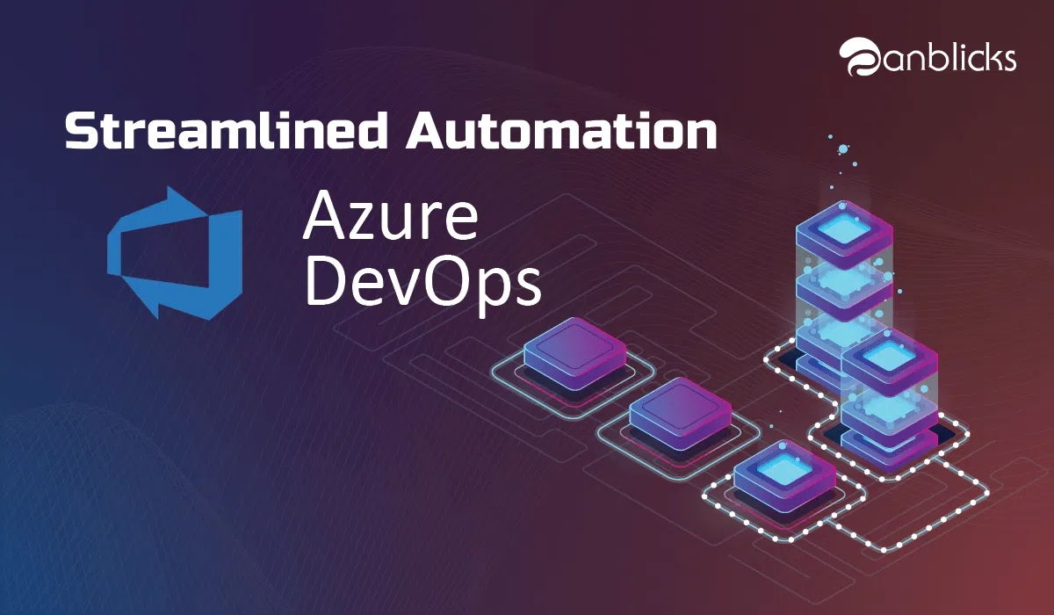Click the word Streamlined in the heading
tap(227, 130)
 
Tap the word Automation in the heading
tap(562, 131)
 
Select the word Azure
tap(390, 217)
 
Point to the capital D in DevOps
tap(326, 281)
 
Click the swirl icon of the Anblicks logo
tap(861, 56)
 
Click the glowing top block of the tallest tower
tap(844, 232)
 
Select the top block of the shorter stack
tap(889, 361)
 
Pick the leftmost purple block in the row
tap(574, 354)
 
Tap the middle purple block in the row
tap(681, 414)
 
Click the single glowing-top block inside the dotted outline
tap(784, 475)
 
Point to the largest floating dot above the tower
tap(842, 149)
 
